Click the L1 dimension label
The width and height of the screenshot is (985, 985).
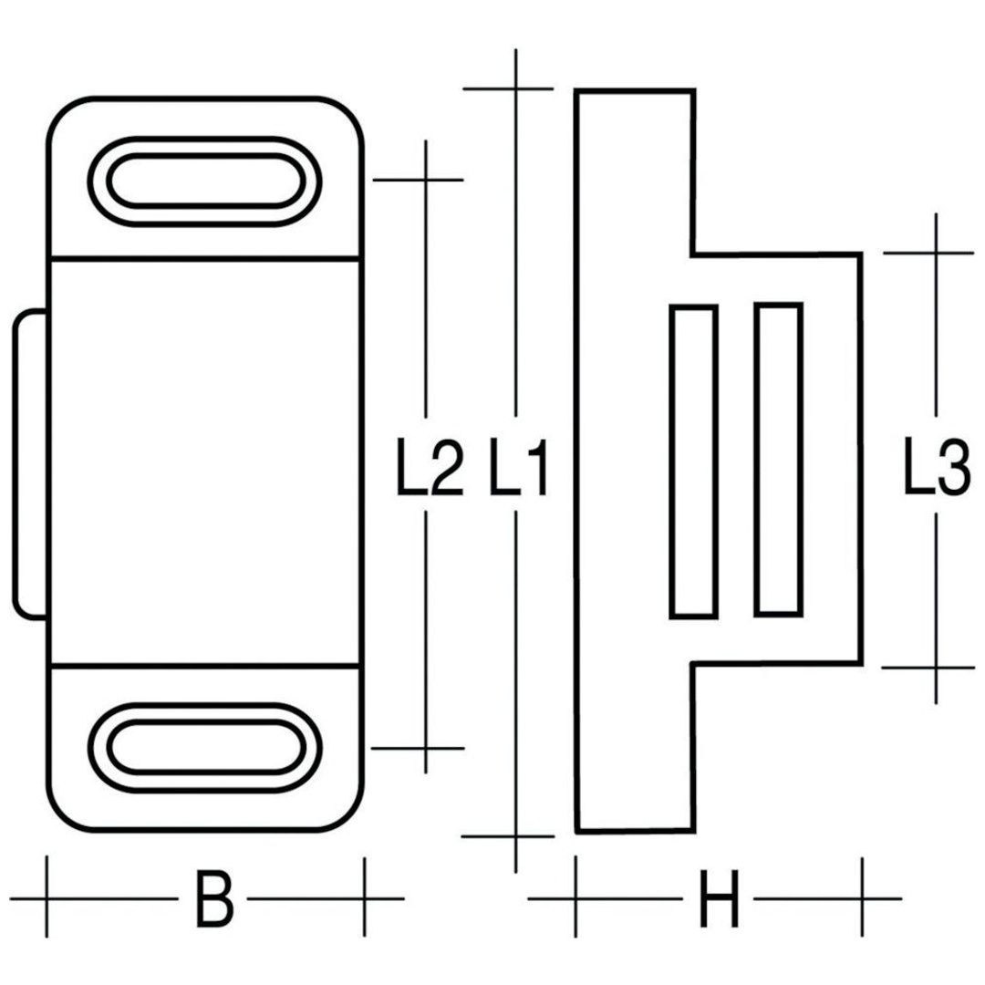519,467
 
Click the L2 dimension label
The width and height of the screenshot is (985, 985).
430,467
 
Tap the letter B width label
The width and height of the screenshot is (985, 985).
214,899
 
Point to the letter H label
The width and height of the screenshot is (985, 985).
719,899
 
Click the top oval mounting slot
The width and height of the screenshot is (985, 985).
205,181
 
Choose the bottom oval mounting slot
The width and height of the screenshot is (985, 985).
205,748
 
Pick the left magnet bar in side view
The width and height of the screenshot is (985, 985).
694,461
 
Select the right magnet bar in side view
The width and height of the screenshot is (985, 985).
779,459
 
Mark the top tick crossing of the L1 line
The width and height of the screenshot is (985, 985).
516,89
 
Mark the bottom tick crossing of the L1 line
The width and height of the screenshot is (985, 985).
515,836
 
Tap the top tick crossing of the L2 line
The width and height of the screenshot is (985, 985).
426,181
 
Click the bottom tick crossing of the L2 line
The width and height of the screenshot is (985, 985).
426,748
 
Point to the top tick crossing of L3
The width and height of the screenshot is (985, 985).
936,254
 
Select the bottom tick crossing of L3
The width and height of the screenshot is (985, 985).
936,668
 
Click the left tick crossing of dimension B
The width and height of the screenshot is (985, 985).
47,899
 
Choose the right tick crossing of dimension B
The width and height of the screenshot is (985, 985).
364,899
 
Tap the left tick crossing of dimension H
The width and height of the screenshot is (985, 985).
576,899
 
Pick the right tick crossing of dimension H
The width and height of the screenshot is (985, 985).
863,899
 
